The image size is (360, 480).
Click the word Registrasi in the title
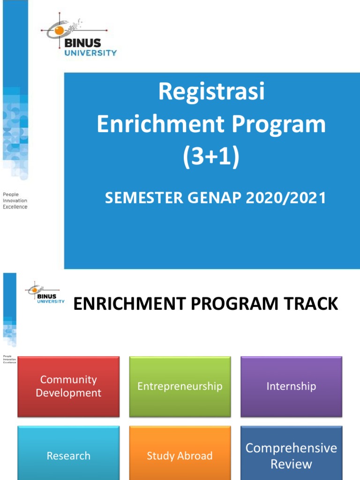(211, 92)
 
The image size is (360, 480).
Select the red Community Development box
(68, 386)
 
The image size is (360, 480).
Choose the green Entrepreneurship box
(180, 386)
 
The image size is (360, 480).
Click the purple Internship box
(291, 386)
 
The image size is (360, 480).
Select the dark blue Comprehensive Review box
(291, 456)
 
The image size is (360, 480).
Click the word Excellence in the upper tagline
(15, 207)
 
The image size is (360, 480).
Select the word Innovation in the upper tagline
(15, 201)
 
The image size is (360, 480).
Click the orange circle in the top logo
(60, 30)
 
